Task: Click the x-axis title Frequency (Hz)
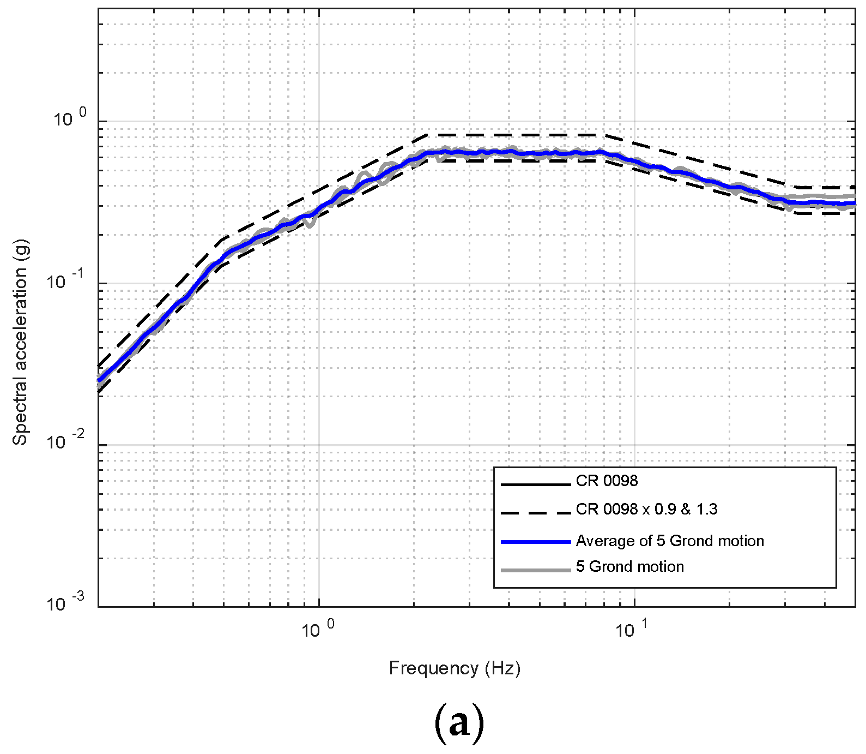(x=455, y=668)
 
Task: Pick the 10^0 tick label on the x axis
(x=318, y=629)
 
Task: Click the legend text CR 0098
(x=607, y=481)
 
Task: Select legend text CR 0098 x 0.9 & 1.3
(x=646, y=510)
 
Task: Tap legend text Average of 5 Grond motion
(x=670, y=541)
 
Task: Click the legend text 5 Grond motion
(x=629, y=567)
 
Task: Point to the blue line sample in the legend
(x=535, y=542)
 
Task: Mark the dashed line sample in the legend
(x=535, y=513)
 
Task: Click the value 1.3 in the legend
(x=707, y=510)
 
